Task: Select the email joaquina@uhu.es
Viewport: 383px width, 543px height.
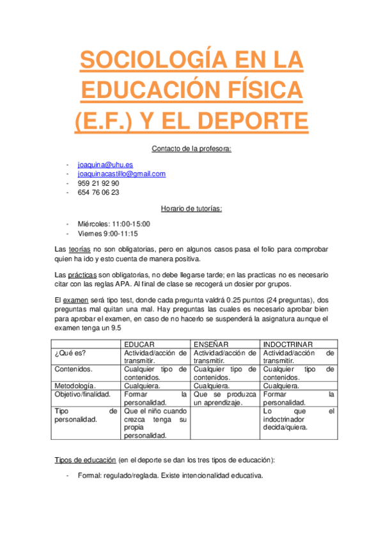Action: click(x=105, y=165)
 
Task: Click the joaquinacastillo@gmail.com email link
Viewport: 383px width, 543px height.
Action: click(x=121, y=174)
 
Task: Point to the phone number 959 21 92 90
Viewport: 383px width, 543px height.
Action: click(x=98, y=182)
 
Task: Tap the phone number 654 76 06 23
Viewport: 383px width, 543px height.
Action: click(x=98, y=192)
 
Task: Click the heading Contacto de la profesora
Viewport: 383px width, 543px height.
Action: click(x=191, y=149)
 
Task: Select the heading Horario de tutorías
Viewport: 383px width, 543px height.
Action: click(x=191, y=208)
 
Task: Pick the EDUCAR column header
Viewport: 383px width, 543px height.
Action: click(x=139, y=344)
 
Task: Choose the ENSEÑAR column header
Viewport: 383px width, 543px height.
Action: click(x=211, y=344)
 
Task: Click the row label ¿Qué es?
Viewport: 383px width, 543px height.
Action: click(x=70, y=353)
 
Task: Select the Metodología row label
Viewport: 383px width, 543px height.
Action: click(x=75, y=386)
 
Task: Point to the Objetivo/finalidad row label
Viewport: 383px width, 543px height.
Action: click(x=83, y=394)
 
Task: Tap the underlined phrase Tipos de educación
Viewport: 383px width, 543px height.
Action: click(x=85, y=460)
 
